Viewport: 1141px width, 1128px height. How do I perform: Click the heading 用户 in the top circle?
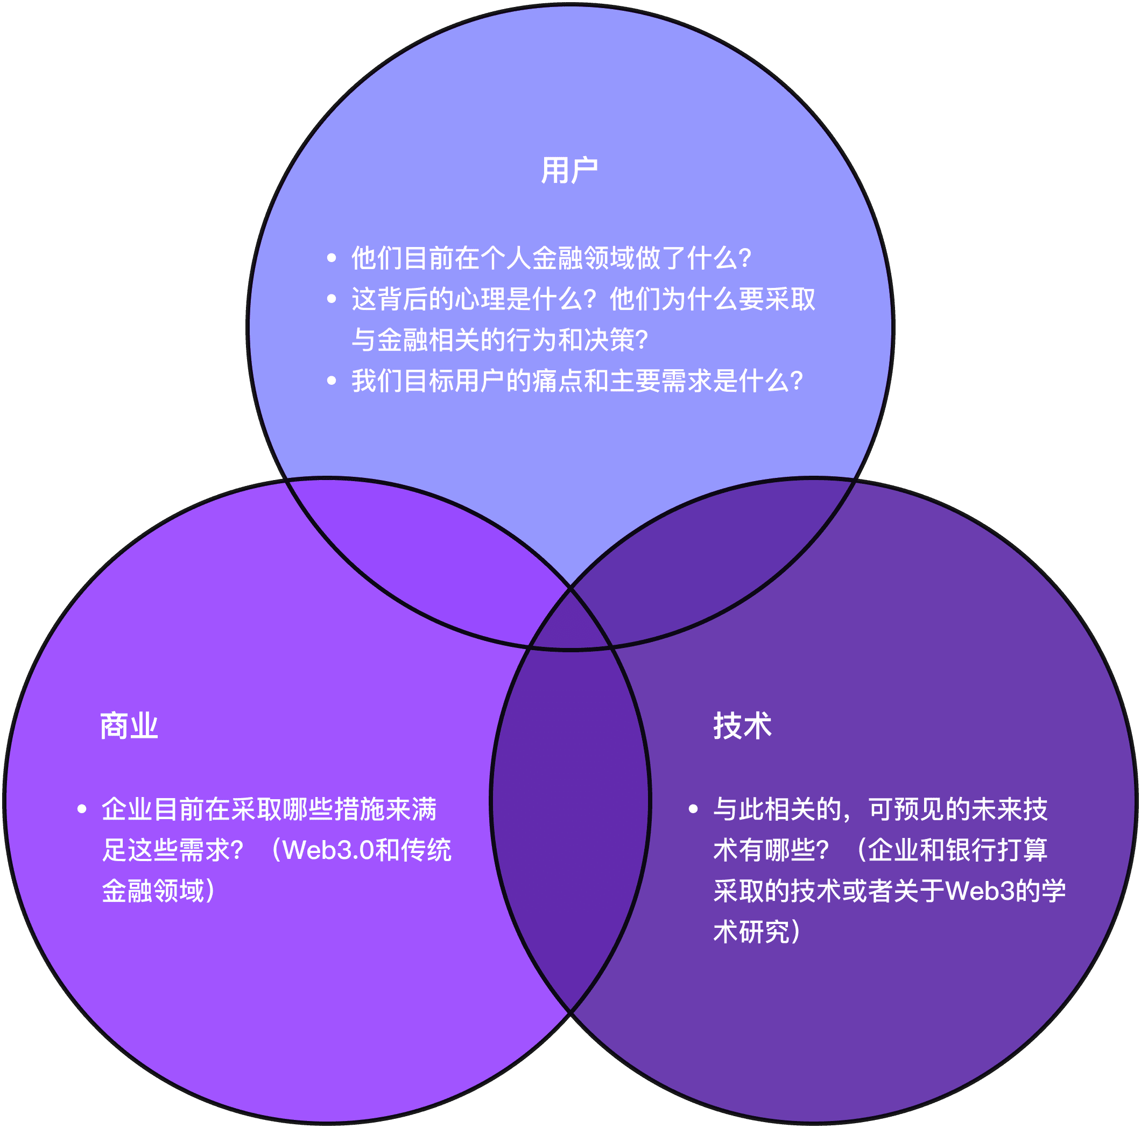pos(569,171)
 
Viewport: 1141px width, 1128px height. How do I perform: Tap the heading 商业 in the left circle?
pos(129,726)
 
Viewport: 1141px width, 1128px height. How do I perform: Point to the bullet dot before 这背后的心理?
pos(332,299)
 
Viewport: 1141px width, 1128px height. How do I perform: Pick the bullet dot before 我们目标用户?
pos(332,381)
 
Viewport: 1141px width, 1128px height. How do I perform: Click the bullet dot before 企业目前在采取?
pos(82,808)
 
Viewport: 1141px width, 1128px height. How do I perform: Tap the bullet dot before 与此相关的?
pos(693,808)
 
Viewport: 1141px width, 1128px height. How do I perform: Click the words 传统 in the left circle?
pos(426,850)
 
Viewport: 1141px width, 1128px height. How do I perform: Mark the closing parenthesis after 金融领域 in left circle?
pos(210,891)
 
